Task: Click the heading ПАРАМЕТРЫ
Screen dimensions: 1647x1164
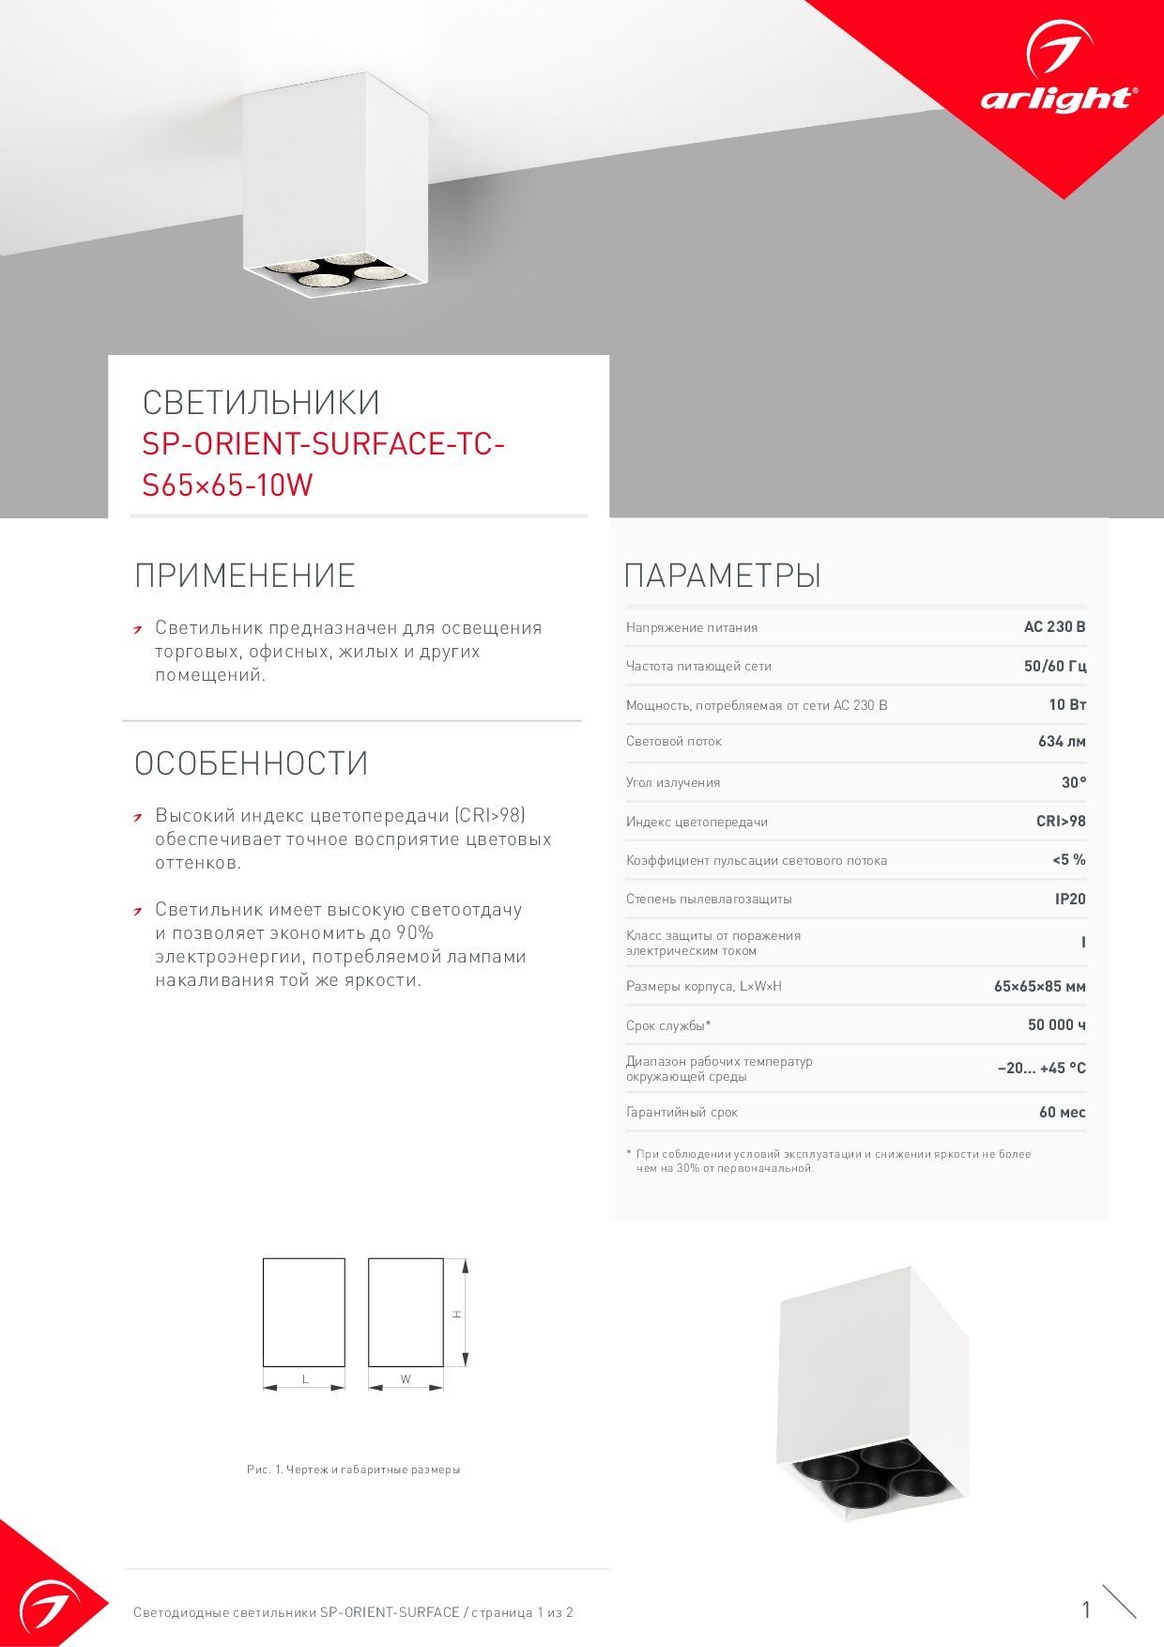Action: click(722, 575)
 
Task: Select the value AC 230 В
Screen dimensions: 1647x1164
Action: click(1054, 627)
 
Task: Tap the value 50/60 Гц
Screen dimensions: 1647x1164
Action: click(1054, 666)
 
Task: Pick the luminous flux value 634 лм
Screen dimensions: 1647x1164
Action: click(1062, 741)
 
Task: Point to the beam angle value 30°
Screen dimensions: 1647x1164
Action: click(1073, 782)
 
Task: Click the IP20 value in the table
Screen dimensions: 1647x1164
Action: click(1069, 899)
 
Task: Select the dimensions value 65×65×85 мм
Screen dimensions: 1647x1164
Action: click(1039, 986)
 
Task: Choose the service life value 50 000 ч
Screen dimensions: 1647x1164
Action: click(1056, 1024)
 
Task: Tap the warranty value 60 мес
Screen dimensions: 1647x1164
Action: click(1062, 1112)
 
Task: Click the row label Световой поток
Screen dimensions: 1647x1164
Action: click(673, 741)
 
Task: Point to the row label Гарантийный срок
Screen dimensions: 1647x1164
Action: click(682, 1112)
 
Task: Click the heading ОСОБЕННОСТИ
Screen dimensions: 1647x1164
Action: click(251, 763)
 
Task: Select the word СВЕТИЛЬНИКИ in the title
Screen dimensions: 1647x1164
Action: click(261, 402)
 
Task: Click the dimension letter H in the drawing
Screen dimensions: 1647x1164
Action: click(457, 1314)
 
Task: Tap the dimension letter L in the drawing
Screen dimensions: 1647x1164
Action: click(305, 1379)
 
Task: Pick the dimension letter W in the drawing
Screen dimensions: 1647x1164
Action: click(406, 1379)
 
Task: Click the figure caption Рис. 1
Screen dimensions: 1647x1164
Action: click(353, 1470)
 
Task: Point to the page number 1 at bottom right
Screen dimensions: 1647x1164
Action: click(1086, 1610)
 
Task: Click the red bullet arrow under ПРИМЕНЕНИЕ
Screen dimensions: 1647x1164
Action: click(138, 629)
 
